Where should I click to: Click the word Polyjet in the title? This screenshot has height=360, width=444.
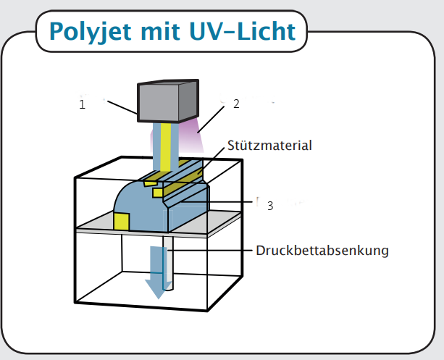coord(87,32)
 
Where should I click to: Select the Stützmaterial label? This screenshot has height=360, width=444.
coord(269,146)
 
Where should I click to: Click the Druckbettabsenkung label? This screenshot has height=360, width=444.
coord(322,251)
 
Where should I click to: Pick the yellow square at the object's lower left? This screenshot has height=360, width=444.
coord(121,222)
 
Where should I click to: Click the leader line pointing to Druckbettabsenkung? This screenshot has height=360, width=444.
coord(210,251)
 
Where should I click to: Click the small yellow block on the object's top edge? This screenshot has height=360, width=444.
coord(157,193)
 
